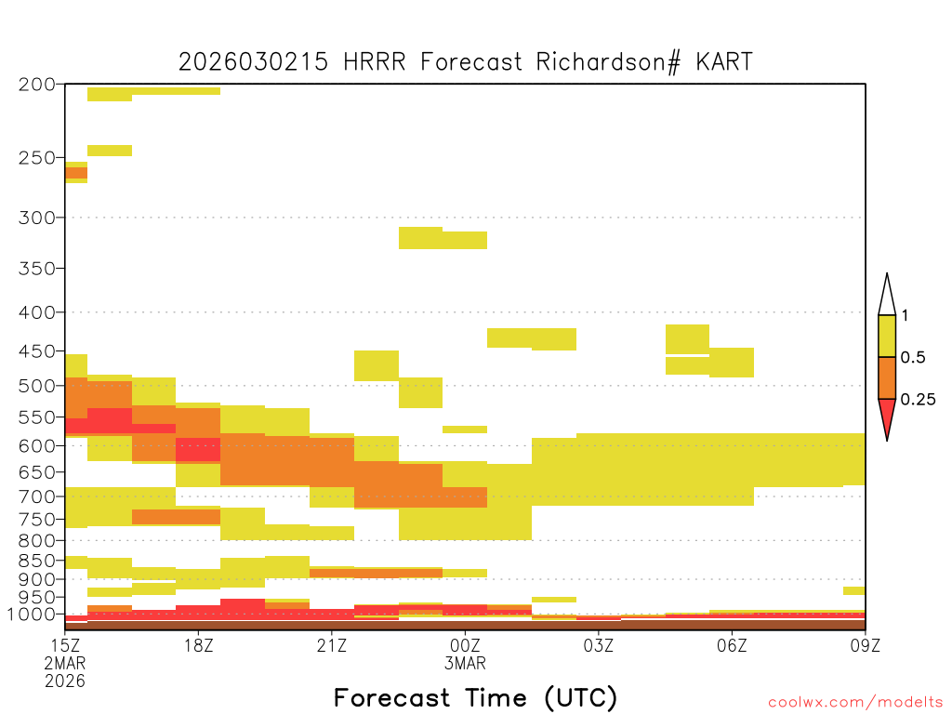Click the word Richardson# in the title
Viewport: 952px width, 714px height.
608,62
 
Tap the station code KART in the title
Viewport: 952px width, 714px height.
724,62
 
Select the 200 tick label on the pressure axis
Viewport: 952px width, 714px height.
37,85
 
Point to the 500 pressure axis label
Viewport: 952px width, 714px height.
37,386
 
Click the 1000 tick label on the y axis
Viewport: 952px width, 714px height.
31,615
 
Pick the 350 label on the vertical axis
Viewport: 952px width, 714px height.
37,269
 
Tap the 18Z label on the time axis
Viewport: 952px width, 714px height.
199,645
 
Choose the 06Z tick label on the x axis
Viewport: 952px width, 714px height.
732,645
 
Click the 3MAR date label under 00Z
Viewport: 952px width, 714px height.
465,664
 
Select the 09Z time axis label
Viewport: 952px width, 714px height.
866,645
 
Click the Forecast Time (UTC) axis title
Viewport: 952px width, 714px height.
475,697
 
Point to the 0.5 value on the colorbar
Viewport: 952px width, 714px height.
913,357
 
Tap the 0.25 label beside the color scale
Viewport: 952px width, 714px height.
918,399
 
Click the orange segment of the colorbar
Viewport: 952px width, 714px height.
887,377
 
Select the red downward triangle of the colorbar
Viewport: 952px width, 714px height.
887,416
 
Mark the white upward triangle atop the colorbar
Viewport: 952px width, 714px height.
887,297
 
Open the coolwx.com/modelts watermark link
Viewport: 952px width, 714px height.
855,703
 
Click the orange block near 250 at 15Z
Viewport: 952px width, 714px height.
76,173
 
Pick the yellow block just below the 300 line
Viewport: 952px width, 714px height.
443,239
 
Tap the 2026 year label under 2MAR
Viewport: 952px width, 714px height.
65,681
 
